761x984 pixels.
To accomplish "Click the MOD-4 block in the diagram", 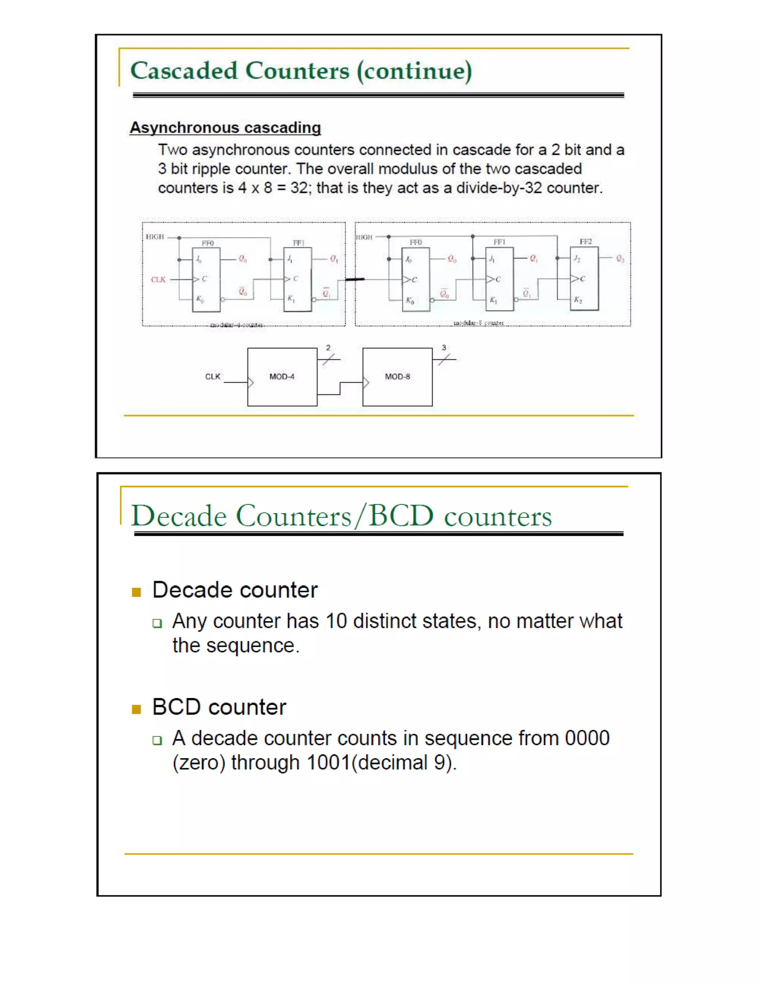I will [282, 377].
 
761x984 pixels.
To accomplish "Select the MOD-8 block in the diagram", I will [397, 377].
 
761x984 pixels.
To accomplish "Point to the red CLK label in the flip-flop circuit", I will [158, 280].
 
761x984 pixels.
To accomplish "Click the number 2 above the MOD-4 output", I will [328, 348].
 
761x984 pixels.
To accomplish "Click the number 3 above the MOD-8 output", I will [444, 348].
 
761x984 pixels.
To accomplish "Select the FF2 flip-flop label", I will [585, 241].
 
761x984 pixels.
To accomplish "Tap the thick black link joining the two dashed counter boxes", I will [355, 280].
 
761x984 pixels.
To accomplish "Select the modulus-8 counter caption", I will [478, 323].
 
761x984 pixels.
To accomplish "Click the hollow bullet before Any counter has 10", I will [157, 623].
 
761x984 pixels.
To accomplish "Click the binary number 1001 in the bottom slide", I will [328, 763].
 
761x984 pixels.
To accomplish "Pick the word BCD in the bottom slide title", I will [401, 515].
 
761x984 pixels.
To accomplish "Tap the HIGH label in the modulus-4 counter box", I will [155, 237].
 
